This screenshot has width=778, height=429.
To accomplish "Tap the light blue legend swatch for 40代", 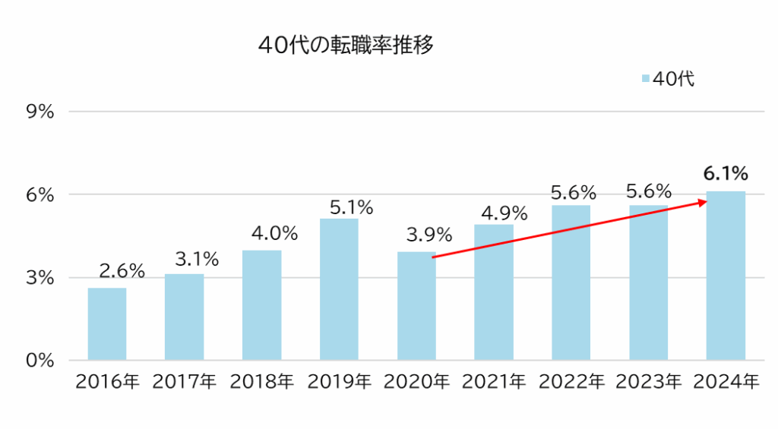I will pyautogui.click(x=646, y=79).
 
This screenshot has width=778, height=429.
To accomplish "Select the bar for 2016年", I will pyautogui.click(x=107, y=324).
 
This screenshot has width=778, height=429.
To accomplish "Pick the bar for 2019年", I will pyautogui.click(x=339, y=289).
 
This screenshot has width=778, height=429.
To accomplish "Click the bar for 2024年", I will pyautogui.click(x=726, y=276).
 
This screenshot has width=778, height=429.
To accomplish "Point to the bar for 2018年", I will pyautogui.click(x=261, y=305).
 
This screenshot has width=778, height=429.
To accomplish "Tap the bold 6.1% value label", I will pyautogui.click(x=726, y=172).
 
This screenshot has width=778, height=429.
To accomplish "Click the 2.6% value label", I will pyautogui.click(x=122, y=270).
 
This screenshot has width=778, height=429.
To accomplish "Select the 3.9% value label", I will pyautogui.click(x=429, y=234).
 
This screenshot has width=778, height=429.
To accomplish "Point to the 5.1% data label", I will pyautogui.click(x=351, y=207).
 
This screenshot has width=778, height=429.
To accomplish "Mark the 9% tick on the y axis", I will pyautogui.click(x=40, y=112).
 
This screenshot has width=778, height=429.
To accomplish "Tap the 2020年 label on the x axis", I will pyautogui.click(x=417, y=381).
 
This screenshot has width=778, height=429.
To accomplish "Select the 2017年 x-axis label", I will pyautogui.click(x=185, y=381).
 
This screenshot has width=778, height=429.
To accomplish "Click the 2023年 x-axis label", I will pyautogui.click(x=648, y=381).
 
